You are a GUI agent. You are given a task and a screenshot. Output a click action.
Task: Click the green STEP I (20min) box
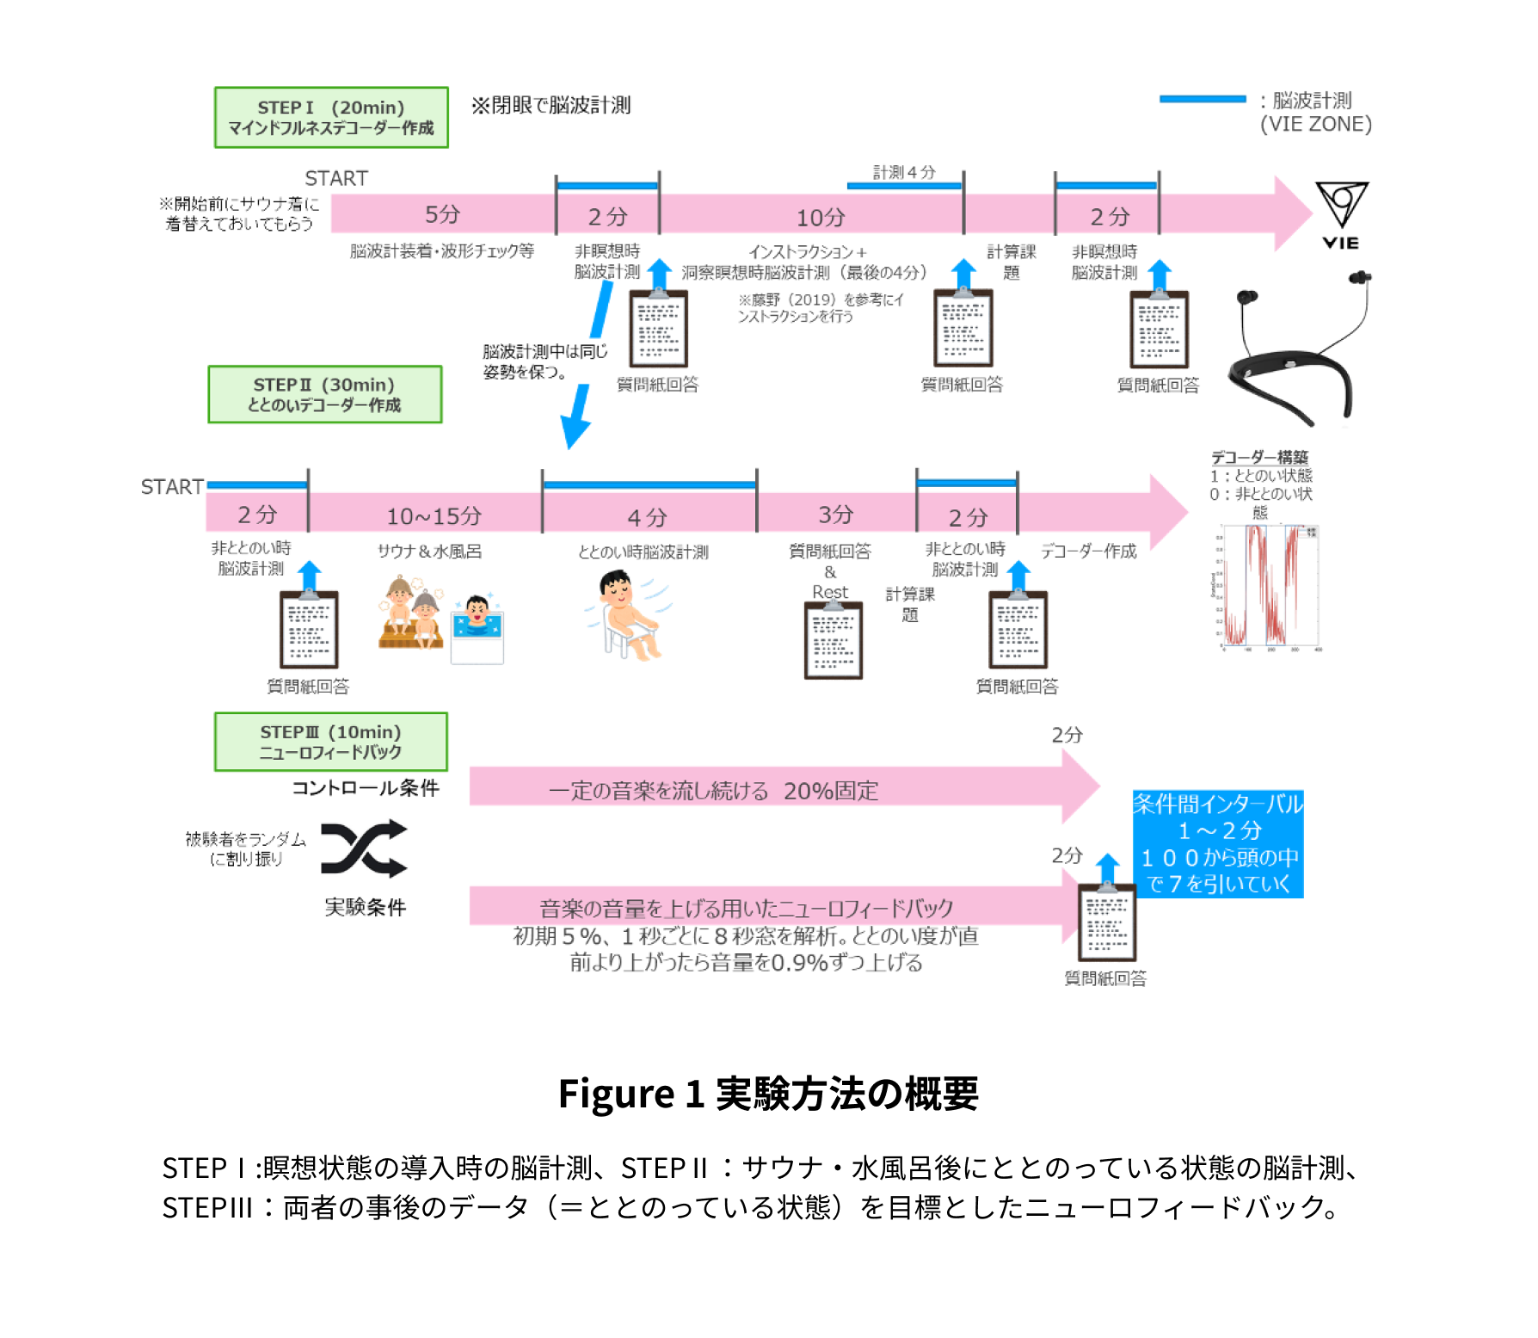tap(331, 117)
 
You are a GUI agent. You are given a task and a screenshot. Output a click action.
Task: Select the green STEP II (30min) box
tap(324, 394)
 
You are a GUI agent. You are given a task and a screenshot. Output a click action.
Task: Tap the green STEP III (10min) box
tap(330, 742)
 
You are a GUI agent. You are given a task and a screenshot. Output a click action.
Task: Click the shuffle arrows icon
tap(364, 848)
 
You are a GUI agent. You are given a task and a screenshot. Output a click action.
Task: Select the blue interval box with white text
tap(1218, 844)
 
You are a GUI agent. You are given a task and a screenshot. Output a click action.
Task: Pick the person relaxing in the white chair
tap(626, 614)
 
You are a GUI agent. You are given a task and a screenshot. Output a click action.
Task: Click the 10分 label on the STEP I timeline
tap(821, 218)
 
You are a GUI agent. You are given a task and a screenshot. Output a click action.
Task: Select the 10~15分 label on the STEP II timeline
tap(434, 516)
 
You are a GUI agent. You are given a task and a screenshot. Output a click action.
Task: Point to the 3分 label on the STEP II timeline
tap(835, 515)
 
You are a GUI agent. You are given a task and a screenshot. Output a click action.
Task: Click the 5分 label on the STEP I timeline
tap(442, 214)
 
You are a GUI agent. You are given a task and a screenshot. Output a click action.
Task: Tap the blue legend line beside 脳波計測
tap(1202, 99)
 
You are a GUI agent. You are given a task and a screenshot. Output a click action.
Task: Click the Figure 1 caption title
tap(768, 1094)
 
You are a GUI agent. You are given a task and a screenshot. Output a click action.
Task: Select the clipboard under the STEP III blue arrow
tap(1107, 922)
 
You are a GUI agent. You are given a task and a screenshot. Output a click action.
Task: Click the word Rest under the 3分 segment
tap(830, 592)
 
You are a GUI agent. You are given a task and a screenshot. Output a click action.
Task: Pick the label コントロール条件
tap(366, 788)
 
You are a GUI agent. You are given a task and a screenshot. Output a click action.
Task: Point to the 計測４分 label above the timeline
tap(903, 172)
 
